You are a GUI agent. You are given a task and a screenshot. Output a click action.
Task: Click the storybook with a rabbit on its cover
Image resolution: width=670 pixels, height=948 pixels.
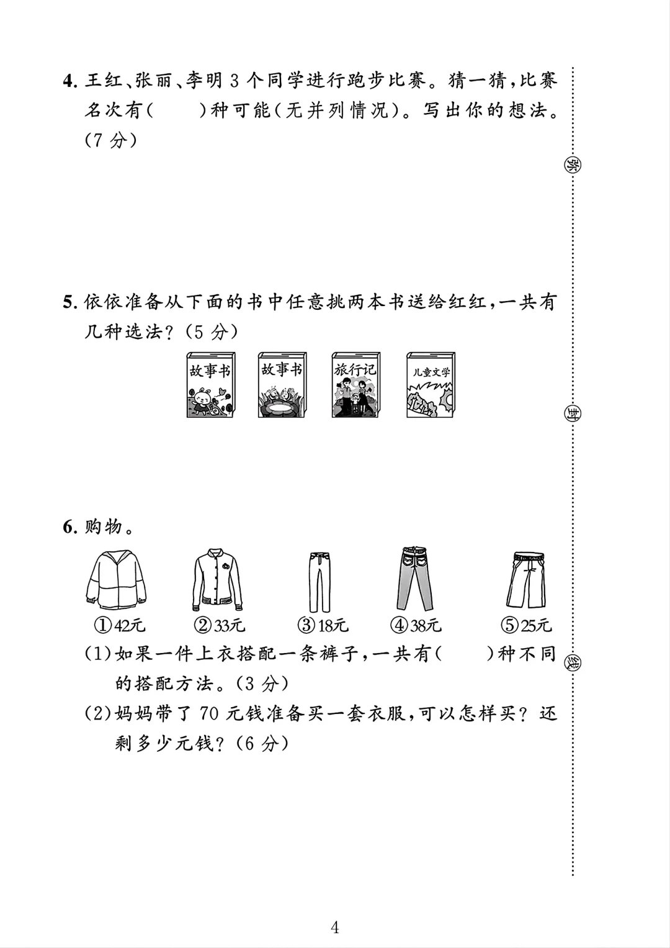tap(211, 385)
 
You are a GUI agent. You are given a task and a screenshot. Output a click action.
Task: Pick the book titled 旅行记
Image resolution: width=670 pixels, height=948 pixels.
tap(355, 385)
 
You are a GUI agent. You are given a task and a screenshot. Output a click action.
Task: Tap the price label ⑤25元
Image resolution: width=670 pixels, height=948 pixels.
tap(527, 626)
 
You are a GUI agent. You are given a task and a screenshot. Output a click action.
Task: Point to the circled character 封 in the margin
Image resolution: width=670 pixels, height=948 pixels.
tap(572, 412)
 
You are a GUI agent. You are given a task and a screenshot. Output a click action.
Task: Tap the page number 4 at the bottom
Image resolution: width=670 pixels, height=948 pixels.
tap(335, 911)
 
